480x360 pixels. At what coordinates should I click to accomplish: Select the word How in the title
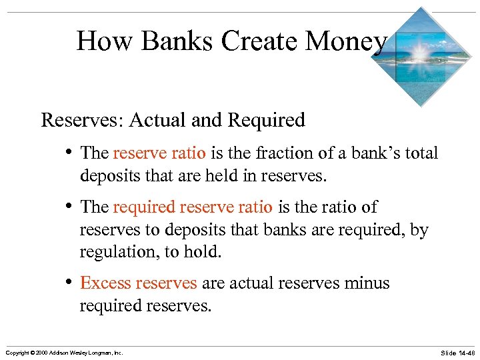(105, 41)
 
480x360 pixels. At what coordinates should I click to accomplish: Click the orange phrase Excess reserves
(138, 283)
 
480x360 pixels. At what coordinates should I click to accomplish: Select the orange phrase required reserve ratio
(193, 207)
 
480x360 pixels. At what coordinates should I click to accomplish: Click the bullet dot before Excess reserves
(70, 283)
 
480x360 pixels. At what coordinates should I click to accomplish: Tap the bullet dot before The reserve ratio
(70, 153)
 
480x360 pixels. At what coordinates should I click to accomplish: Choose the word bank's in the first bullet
(373, 153)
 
